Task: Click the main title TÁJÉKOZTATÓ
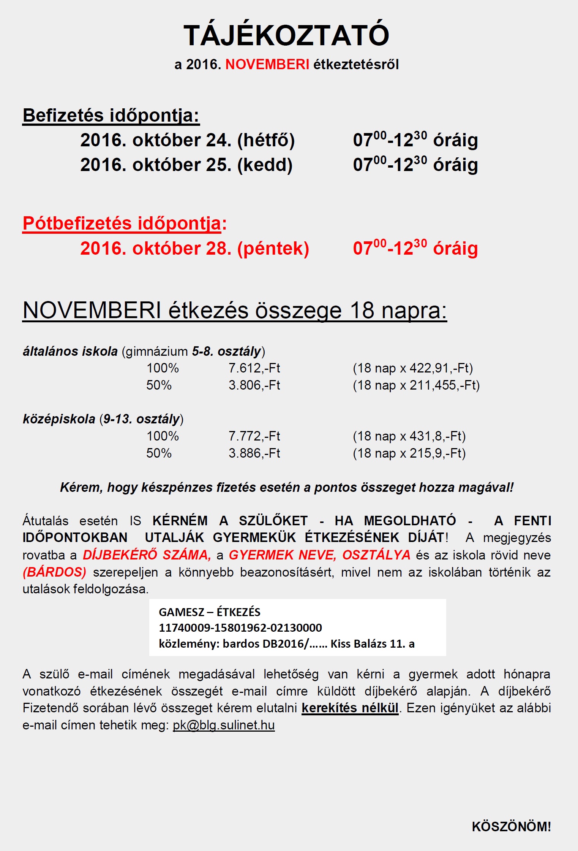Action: [286, 35]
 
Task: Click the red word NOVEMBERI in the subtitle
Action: [267, 65]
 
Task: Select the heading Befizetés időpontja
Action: [111, 116]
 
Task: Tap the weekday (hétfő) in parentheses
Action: [266, 140]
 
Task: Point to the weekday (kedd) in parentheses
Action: [265, 165]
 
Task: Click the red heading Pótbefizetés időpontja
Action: [122, 223]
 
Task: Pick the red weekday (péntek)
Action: [273, 249]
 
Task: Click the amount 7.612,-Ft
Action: [254, 368]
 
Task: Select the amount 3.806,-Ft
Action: [254, 385]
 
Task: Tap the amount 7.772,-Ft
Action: [254, 436]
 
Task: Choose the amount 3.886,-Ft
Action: [254, 453]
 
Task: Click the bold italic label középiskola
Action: [59, 419]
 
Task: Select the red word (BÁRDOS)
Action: [54, 572]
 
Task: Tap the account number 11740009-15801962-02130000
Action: [240, 628]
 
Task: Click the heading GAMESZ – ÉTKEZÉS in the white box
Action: [209, 612]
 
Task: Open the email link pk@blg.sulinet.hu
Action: [224, 725]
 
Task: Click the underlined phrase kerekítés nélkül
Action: [350, 708]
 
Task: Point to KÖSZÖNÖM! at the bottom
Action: [511, 826]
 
